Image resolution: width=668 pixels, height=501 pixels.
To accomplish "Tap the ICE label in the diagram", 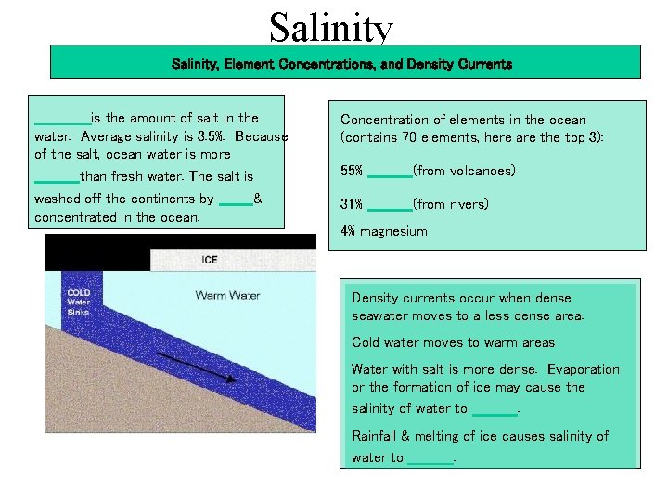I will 210,260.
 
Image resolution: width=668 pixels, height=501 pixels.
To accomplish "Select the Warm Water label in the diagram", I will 227,296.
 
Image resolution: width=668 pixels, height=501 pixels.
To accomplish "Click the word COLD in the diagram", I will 79,291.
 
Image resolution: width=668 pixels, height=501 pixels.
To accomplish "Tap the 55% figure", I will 352,172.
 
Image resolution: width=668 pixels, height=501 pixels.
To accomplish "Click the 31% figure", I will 352,204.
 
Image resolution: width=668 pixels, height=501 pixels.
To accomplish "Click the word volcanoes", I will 464,172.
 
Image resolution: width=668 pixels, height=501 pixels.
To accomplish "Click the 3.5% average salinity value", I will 213,136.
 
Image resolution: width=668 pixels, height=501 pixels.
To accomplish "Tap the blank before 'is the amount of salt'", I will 61,119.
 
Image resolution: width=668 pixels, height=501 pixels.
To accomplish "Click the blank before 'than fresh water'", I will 57,177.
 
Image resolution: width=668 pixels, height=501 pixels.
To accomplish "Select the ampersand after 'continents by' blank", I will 258,199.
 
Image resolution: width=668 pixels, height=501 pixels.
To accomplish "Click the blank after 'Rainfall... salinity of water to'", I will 430,459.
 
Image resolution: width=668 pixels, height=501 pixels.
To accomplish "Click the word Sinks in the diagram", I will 79,312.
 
